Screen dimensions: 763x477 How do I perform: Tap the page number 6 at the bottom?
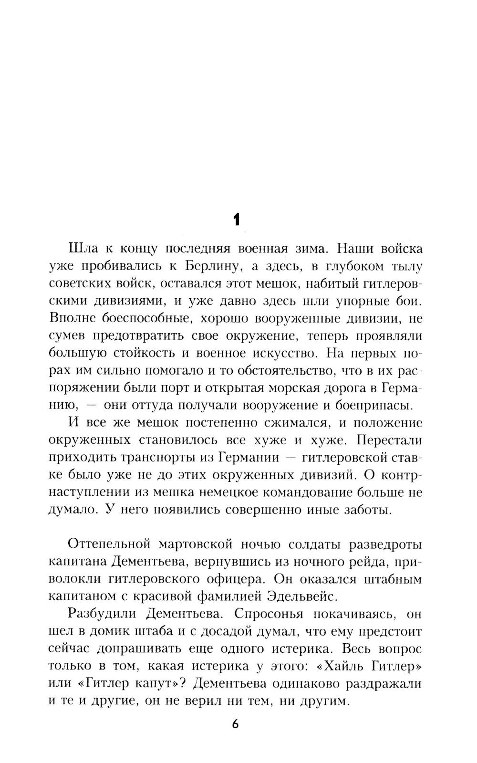coord(235,723)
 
